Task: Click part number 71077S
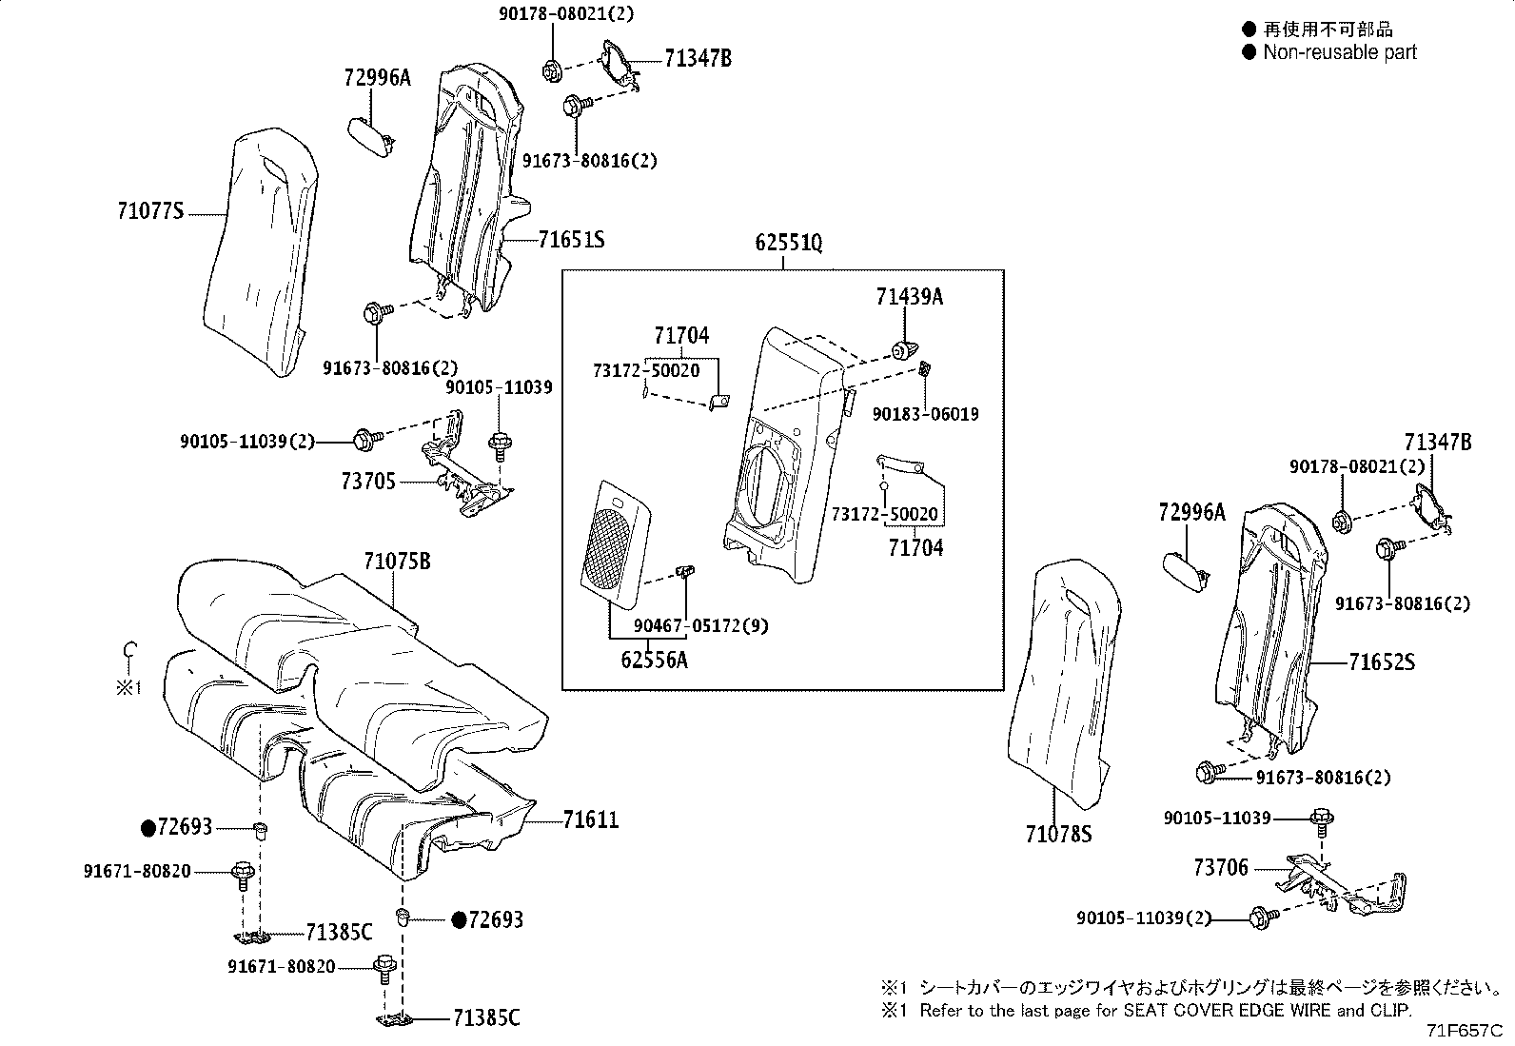coord(150,211)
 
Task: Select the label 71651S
coord(571,240)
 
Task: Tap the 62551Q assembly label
coord(788,243)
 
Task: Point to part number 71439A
coord(910,297)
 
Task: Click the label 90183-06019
coord(926,414)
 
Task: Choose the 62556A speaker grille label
coord(654,659)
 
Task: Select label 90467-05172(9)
coord(700,626)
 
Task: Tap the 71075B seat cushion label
coord(397,562)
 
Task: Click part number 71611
coord(590,819)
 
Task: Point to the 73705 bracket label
coord(368,483)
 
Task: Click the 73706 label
coord(1221,868)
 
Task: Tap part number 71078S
coord(1058,835)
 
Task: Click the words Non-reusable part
coord(1339,52)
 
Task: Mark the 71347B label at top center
coord(698,59)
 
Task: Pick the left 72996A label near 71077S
coord(377,78)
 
